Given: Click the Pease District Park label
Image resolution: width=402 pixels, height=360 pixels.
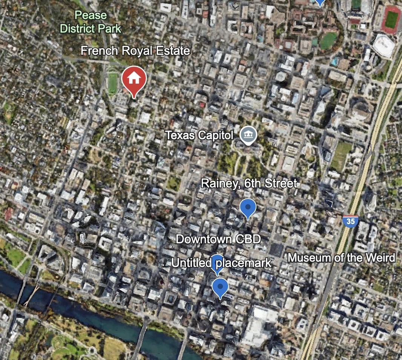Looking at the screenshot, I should point(91,22).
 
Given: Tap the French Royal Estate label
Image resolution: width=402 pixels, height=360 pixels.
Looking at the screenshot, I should point(135,51).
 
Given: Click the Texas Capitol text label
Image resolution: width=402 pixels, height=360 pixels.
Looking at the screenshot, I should point(199,135).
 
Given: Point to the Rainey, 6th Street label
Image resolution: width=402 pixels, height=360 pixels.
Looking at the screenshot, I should point(249,184).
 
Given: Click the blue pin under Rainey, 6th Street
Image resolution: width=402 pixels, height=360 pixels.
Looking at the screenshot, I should point(248,208).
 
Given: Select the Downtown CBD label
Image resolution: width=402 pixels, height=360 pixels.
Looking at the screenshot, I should point(218,239).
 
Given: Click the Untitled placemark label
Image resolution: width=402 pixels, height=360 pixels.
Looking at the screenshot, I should point(221,263).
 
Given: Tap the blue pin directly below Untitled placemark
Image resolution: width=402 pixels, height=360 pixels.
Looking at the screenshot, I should point(220,288).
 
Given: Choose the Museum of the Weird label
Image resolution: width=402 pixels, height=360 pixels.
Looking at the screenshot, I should point(341,258).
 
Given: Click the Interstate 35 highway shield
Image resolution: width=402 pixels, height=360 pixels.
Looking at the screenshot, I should point(350,221).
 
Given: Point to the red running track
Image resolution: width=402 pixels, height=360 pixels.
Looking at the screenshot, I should point(391,19).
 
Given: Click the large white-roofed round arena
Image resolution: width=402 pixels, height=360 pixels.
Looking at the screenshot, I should point(384,45).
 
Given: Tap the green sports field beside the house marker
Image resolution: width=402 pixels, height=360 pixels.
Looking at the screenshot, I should point(113,83).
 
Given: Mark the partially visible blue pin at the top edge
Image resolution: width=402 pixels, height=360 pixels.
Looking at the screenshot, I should point(320,2).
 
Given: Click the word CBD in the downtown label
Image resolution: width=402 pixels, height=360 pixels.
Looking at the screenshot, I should point(247,239).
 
